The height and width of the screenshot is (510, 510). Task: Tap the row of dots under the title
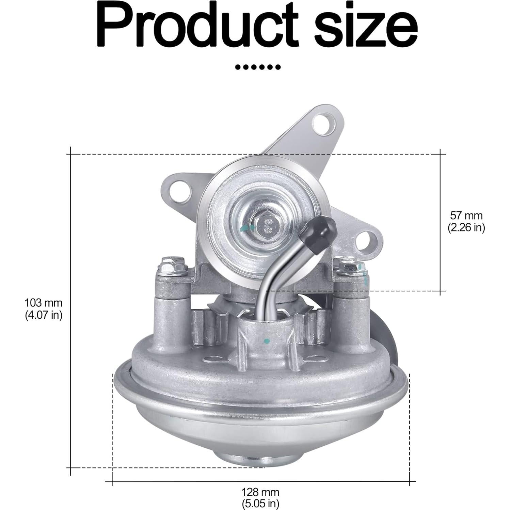pos(258,67)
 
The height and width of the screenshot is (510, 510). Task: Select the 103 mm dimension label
pos(44,302)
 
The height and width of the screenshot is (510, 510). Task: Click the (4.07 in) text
pos(44,315)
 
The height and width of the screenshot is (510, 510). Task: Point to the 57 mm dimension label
pos(466,215)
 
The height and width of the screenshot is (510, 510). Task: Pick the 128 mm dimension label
pos(260,492)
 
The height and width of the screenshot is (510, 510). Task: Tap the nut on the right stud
pos(347,266)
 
